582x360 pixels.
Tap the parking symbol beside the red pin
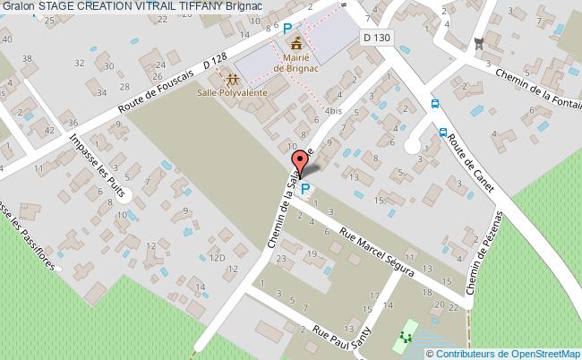coord(306,189)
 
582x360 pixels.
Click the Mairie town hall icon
coord(295,42)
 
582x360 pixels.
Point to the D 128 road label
coord(214,62)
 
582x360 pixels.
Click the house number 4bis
coord(334,111)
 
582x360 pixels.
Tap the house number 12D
coord(217,258)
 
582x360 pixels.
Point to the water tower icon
coord(478,42)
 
